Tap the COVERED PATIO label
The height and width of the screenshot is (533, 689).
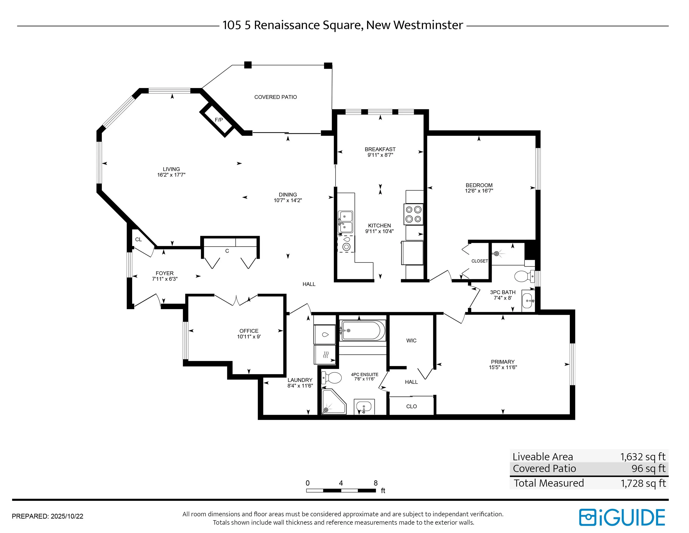click(x=276, y=97)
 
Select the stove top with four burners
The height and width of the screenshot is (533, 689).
click(x=413, y=214)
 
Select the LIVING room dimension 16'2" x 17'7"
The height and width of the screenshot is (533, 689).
click(x=171, y=175)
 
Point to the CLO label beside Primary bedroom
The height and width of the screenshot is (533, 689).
click(x=411, y=406)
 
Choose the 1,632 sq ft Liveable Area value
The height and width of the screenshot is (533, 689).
click(x=643, y=457)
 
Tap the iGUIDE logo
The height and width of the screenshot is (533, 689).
click(x=622, y=517)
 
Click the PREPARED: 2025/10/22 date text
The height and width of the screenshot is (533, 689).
click(x=48, y=516)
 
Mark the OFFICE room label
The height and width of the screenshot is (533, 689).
click(x=249, y=331)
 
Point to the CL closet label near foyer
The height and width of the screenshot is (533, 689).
click(x=138, y=239)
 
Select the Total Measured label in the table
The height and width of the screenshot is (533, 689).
click(x=549, y=483)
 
